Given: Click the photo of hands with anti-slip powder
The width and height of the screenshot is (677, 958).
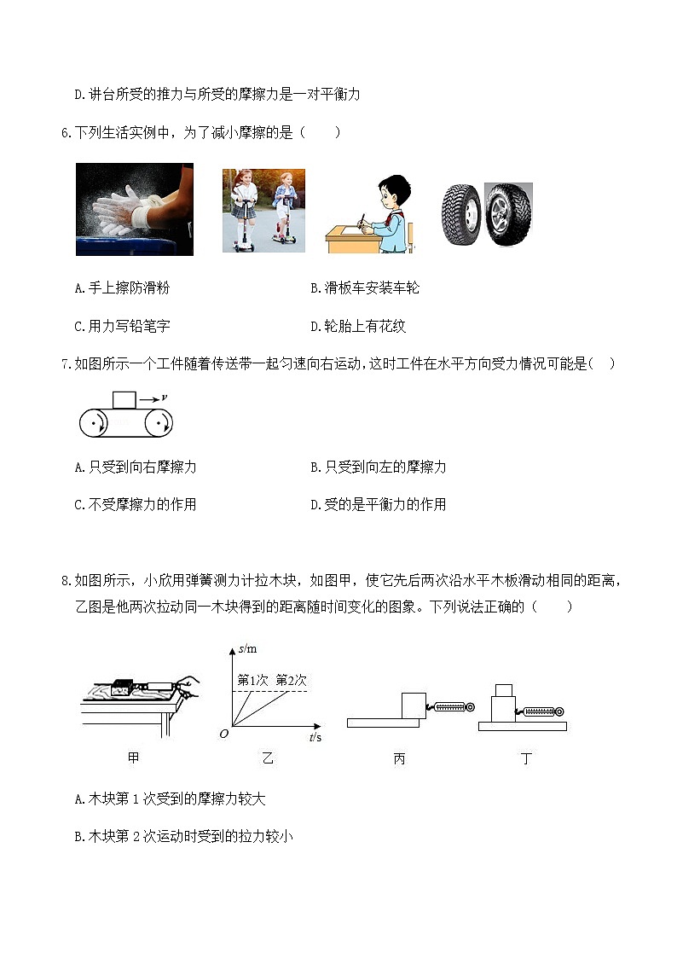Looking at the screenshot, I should tap(135, 209).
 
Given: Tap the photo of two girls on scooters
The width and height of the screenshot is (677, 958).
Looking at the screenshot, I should tap(263, 210).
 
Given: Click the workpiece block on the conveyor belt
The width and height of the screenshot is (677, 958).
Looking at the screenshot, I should tap(124, 399).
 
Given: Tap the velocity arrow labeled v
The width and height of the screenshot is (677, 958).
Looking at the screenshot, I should tap(153, 398).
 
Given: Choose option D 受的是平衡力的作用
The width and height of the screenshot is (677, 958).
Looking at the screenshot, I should tap(379, 504).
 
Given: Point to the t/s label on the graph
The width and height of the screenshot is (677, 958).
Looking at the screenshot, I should tap(315, 736).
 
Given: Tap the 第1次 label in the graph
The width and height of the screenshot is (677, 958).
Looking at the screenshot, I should tap(252, 680).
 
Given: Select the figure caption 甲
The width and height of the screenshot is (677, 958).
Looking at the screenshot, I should tap(133, 758).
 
